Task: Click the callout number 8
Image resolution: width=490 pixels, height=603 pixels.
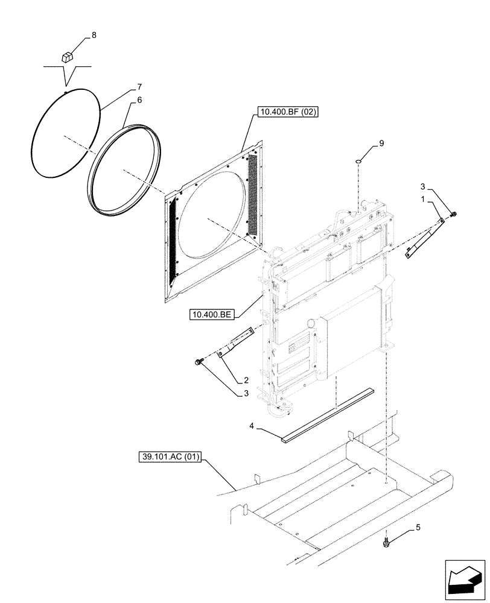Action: tap(94, 36)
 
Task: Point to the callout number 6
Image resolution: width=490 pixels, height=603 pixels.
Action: tap(139, 100)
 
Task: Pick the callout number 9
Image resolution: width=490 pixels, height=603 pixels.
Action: tap(381, 143)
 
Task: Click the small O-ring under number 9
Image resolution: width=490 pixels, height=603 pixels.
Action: tap(359, 161)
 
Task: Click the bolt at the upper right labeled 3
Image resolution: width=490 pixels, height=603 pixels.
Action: tap(453, 213)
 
